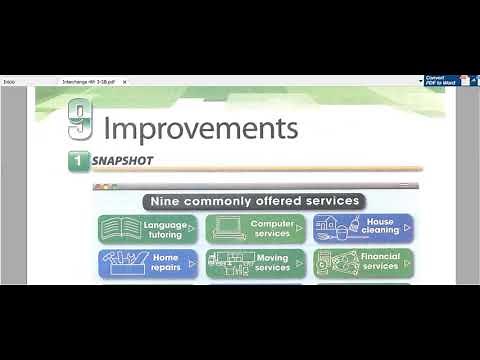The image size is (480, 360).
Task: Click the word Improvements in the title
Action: click(x=201, y=129)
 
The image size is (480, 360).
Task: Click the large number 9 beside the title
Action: click(x=80, y=120)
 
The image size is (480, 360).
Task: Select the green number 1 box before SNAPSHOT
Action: click(x=76, y=160)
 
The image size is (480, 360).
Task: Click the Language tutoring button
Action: click(x=148, y=229)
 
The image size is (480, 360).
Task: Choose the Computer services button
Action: click(x=256, y=229)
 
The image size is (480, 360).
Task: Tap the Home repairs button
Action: click(x=148, y=263)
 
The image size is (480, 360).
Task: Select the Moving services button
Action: click(x=256, y=263)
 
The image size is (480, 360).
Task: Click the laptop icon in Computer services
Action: click(x=227, y=229)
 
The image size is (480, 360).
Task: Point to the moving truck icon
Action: click(x=228, y=264)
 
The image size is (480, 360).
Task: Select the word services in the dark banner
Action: click(x=331, y=201)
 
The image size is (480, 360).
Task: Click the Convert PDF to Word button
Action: click(x=442, y=80)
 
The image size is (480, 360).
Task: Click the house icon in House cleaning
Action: click(x=326, y=227)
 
